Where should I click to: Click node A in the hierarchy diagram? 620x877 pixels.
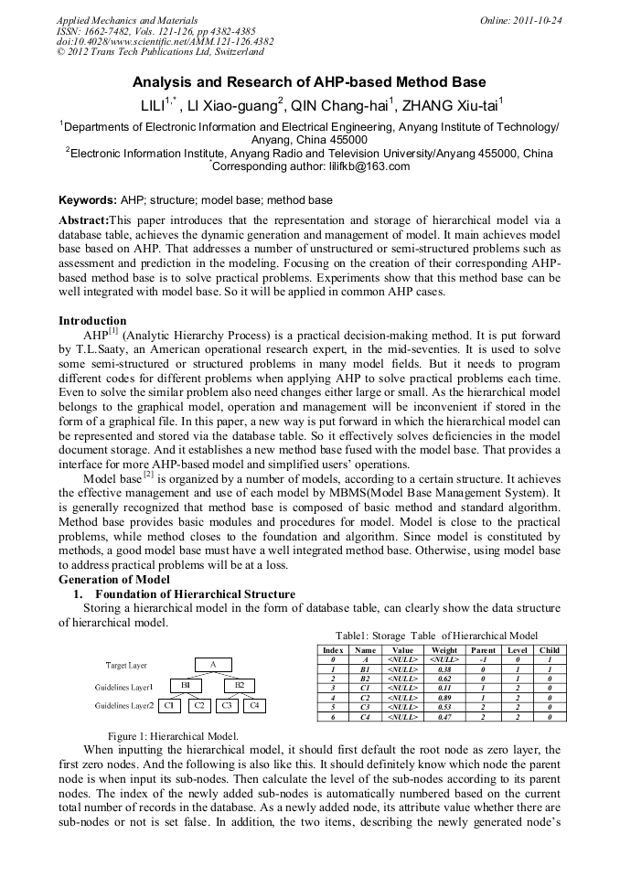click(213, 665)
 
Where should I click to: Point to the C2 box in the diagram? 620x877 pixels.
click(198, 705)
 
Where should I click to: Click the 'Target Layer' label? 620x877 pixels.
click(125, 666)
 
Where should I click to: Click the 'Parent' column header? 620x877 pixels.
click(483, 650)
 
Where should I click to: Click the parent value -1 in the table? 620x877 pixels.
click(483, 659)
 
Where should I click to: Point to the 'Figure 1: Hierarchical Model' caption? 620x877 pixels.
click(173, 735)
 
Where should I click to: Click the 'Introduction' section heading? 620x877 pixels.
click(92, 321)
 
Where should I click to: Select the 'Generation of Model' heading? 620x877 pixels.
click(114, 580)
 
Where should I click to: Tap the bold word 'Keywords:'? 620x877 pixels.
click(87, 199)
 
